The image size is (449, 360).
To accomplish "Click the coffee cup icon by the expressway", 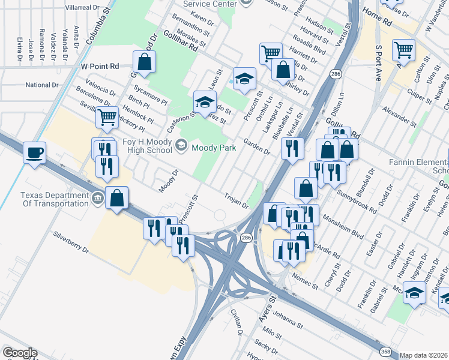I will (x=35, y=152).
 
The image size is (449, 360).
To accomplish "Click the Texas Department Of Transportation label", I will (x=54, y=199).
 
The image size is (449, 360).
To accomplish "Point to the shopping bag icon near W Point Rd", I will (x=144, y=61).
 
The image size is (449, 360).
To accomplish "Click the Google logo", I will (x=19, y=353).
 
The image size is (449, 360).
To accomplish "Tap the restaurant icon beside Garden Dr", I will (x=292, y=148).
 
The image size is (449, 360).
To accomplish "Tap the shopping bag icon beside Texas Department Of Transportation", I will (x=117, y=197).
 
